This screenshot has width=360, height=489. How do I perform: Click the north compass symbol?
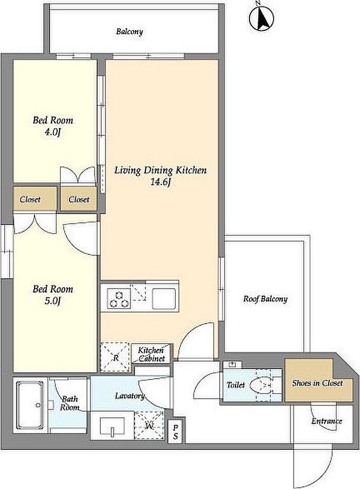pos(261,18)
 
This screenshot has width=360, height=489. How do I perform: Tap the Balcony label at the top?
pos(130,31)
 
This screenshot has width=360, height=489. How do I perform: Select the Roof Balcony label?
pos(265,299)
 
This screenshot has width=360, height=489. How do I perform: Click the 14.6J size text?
pos(160,182)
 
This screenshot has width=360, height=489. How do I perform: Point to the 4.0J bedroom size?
pos(52,132)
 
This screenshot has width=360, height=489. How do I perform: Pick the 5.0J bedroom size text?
pos(52,301)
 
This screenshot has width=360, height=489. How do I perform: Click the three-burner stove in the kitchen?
pos(119,299)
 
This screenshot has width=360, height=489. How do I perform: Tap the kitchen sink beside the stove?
pos(164,298)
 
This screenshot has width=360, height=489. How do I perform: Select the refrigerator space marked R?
pos(115,357)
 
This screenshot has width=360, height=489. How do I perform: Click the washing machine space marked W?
pos(149,425)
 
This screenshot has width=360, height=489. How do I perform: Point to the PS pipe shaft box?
pos(176,432)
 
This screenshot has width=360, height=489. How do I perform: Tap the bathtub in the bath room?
pos(30,405)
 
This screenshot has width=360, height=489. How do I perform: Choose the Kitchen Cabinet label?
pos(152,354)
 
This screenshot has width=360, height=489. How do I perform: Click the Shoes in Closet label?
pos(317,383)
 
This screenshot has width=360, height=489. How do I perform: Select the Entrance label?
pos(327,421)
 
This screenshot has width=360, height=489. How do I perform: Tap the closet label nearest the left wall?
pos(30,200)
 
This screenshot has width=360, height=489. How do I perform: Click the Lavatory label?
pos(130,396)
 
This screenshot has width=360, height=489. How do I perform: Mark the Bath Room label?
pos(70,403)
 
